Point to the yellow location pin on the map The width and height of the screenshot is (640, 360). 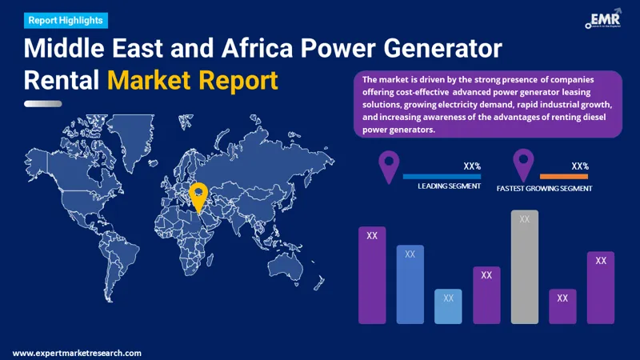pos(198,196)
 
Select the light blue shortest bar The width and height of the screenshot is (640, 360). pos(448,306)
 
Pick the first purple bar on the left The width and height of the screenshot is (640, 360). pos(372,275)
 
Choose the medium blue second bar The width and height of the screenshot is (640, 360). pos(410,284)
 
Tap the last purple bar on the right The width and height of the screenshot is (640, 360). pos(600,287)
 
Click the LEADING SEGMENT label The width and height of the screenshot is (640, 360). pos(449,186)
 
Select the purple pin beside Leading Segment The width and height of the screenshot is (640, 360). pos(389,166)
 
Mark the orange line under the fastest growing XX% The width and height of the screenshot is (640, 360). pos(564,176)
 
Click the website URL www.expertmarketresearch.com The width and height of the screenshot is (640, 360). pos(77,353)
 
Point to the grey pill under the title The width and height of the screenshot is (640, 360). pos(43,103)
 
